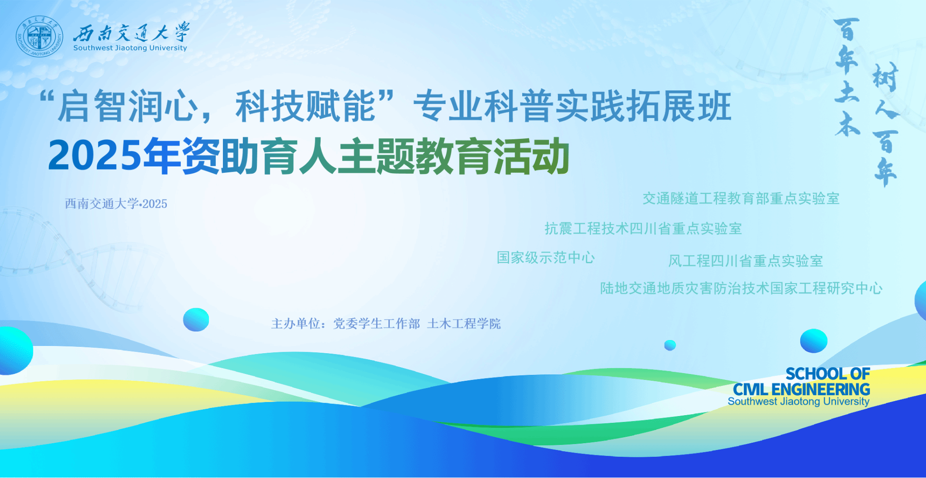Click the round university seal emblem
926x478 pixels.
pos(40,36)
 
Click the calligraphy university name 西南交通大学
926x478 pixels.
pos(132,32)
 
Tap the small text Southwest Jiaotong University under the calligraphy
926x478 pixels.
pos(130,48)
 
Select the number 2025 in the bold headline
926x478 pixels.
pos(95,156)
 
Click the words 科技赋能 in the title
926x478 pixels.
pos(306,107)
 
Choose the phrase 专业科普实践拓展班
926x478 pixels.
pos(572,107)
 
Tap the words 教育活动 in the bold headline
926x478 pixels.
pos(492,156)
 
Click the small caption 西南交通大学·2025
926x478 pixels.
pos(116,204)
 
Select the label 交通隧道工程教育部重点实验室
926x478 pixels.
pos(741,199)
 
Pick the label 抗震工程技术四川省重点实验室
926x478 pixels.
pos(643,229)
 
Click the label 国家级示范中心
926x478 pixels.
pos(546,258)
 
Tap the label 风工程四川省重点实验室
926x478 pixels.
pos(746,261)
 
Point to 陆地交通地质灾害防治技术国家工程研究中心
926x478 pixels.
pos(742,289)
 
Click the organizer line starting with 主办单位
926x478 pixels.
pos(386,324)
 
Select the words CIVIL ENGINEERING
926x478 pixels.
pos(801,389)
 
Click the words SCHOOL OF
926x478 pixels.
pos(827,374)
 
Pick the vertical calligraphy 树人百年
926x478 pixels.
pos(885,125)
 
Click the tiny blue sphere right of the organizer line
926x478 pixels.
pos(670,345)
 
